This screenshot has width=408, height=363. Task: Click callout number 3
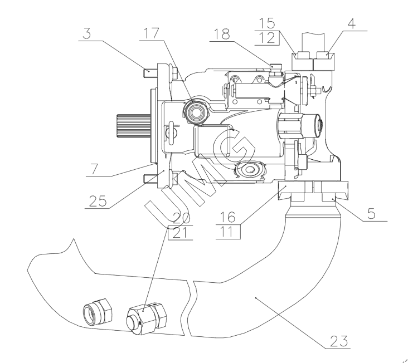87,34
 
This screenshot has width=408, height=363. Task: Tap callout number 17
151,33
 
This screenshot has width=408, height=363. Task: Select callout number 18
222,34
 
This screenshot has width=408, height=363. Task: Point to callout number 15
267,23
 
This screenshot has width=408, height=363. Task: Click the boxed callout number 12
267,38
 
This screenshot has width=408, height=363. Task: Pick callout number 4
351,23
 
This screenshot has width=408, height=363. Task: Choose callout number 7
94,169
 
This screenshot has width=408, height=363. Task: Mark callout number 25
98,201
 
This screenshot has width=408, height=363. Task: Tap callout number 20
181,218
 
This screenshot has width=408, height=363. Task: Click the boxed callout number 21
180,233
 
